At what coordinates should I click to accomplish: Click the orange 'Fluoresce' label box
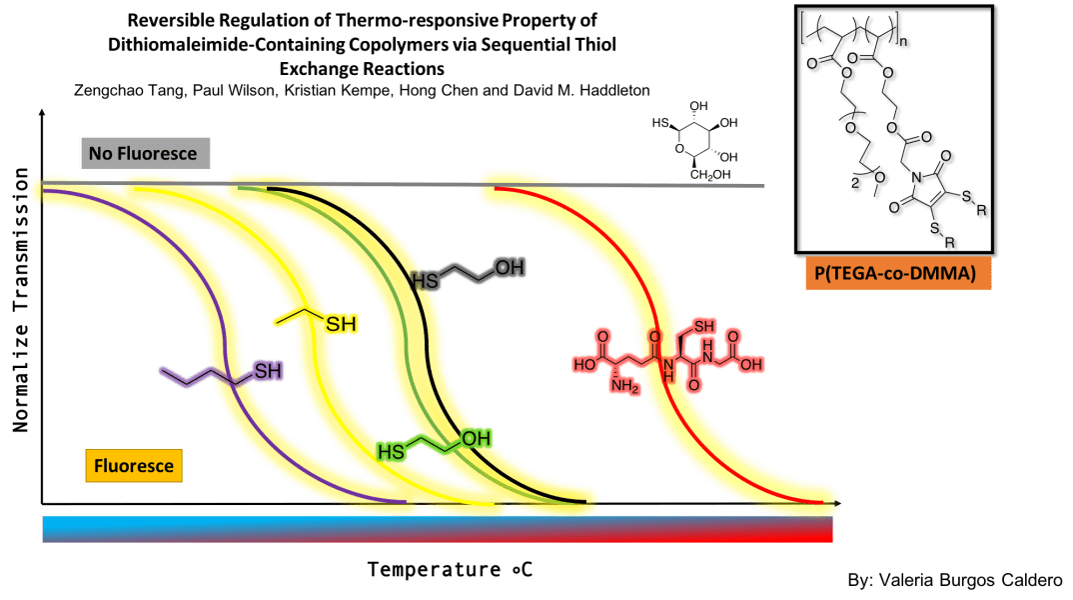click(134, 465)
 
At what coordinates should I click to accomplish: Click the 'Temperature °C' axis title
click(449, 570)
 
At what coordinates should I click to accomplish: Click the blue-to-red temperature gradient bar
click(437, 529)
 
